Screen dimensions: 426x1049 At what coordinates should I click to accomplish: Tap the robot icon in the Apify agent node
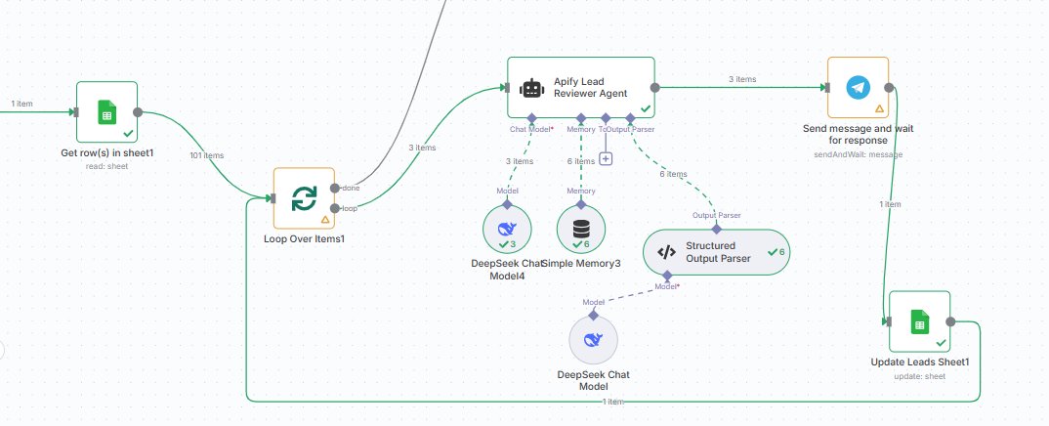(x=531, y=89)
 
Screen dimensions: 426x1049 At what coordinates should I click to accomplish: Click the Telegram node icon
(x=857, y=88)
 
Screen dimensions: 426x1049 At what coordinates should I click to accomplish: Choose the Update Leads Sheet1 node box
(x=918, y=320)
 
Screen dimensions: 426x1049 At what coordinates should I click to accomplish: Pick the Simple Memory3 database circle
(x=581, y=230)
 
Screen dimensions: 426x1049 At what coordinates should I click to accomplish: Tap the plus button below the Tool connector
(x=606, y=158)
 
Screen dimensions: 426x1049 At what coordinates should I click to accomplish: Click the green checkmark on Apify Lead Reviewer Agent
(x=645, y=109)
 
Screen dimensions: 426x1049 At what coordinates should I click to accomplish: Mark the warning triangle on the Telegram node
(x=879, y=108)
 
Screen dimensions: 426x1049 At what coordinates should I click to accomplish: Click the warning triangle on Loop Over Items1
(x=324, y=219)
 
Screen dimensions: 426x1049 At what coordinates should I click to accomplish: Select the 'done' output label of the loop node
(x=351, y=189)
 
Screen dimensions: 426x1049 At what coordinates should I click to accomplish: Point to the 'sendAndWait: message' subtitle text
(x=857, y=153)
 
